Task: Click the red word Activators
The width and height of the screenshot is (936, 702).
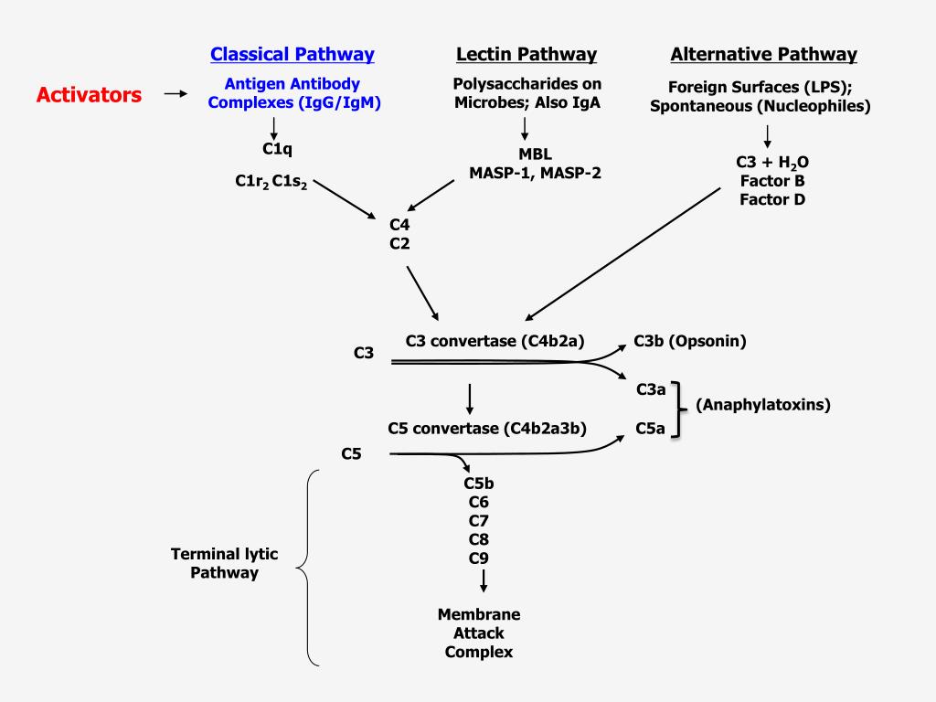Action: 89,94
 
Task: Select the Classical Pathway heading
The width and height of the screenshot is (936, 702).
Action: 292,54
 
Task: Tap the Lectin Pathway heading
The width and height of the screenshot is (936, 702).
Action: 526,54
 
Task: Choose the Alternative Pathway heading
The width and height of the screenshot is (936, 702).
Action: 763,54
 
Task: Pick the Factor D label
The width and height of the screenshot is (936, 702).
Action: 772,198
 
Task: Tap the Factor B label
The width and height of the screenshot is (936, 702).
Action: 772,180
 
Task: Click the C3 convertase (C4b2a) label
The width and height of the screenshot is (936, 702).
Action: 495,341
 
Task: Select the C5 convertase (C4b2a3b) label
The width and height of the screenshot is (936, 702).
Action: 487,427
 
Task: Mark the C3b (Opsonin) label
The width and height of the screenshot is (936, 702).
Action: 690,341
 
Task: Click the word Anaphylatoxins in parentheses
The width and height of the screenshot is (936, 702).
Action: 763,404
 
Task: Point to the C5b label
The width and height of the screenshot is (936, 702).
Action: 479,484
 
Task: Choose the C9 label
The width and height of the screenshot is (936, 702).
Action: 479,558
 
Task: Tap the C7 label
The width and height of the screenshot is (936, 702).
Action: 479,520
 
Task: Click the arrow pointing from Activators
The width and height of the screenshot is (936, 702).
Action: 175,93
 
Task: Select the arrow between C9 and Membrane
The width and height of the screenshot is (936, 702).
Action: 483,581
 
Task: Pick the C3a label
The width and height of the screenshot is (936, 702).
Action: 650,389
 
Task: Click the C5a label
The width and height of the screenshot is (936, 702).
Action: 650,427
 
